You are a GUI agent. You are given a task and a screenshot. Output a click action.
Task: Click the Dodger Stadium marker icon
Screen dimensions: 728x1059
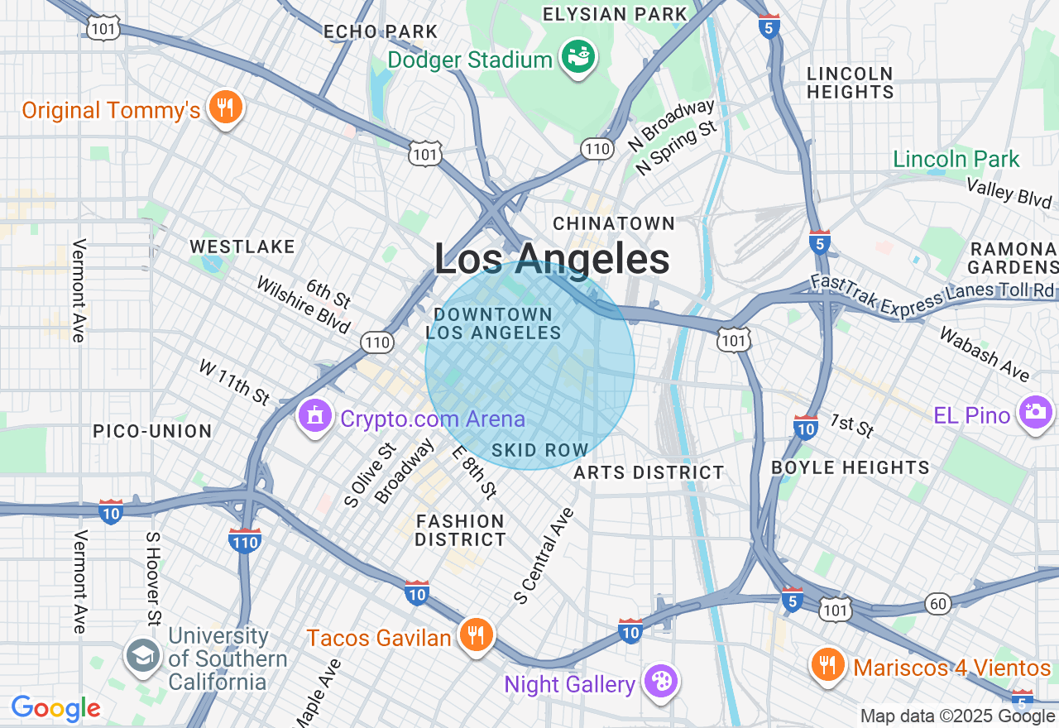[578, 57]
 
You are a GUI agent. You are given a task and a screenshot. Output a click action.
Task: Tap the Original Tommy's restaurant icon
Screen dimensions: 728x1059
[224, 108]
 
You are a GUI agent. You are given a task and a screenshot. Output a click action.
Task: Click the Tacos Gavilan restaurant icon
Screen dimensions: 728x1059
[475, 635]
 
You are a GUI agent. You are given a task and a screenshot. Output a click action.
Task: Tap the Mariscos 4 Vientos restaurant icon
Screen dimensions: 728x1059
[827, 664]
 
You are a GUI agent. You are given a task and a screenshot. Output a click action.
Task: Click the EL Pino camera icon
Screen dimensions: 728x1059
[1035, 412]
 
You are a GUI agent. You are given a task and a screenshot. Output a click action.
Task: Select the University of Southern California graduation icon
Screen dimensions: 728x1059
[142, 656]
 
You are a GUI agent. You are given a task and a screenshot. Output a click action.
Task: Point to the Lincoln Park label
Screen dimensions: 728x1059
[956, 159]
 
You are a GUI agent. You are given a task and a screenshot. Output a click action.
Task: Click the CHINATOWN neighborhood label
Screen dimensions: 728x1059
[614, 223]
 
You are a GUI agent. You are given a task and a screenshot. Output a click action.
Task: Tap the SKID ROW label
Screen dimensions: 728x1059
[539, 451]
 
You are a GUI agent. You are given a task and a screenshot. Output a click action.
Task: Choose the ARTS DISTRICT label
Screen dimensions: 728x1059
[649, 472]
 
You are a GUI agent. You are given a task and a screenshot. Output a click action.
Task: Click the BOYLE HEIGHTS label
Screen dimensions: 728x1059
[851, 467]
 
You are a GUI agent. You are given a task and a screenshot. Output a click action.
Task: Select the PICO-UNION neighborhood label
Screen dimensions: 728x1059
[152, 431]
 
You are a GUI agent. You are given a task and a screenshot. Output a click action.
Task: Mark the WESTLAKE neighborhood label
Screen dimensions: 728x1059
[242, 247]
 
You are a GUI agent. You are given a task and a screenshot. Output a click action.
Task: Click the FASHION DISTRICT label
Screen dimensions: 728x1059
[460, 530]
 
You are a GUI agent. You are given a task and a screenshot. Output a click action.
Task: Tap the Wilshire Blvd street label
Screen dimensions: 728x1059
[303, 304]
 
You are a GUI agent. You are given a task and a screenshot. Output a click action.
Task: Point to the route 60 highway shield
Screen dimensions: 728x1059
[938, 604]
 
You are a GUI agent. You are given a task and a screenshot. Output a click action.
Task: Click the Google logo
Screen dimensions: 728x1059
[55, 708]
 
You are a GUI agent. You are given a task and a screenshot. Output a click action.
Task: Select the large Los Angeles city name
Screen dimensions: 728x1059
[552, 260]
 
